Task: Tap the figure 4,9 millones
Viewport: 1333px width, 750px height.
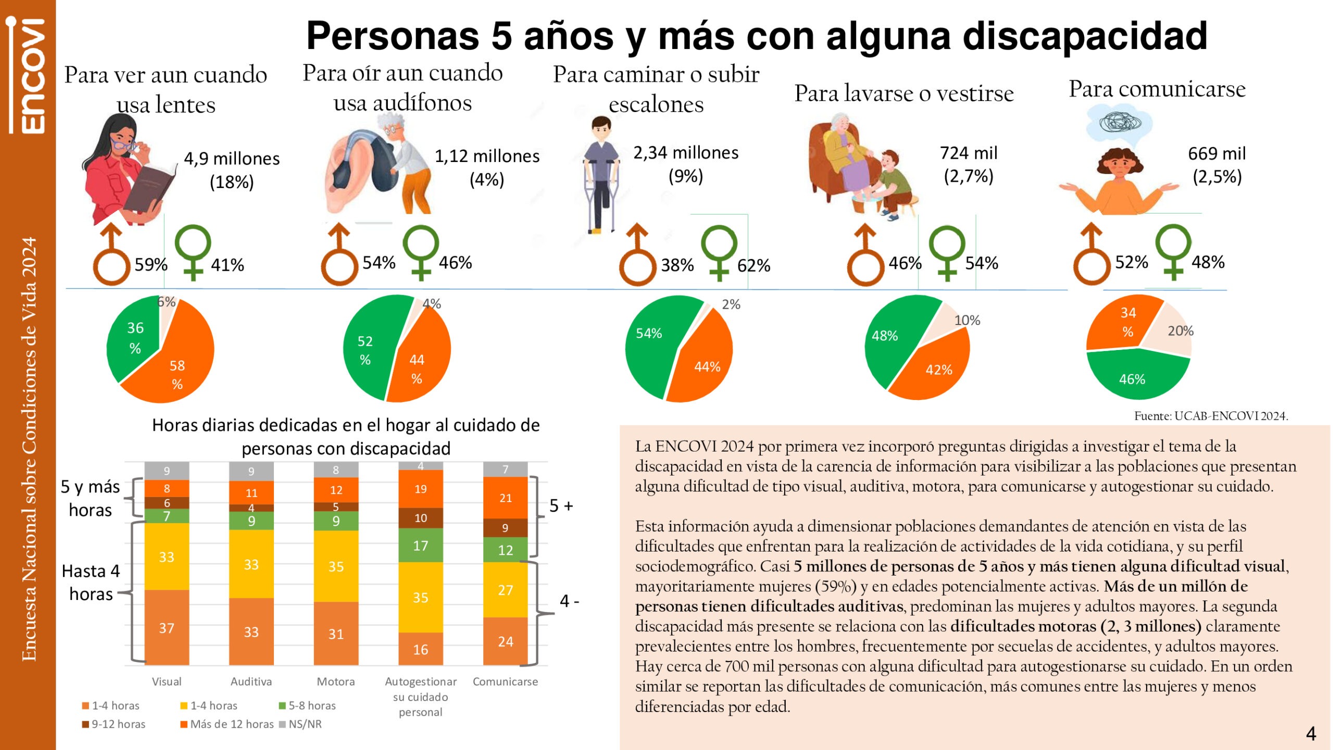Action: (x=232, y=158)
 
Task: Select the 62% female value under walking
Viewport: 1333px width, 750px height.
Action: (x=753, y=266)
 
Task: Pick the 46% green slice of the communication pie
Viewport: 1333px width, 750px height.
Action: (x=1135, y=378)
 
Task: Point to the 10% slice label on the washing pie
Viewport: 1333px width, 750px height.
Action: (x=967, y=320)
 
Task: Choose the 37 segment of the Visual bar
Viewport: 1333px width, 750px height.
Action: (x=167, y=628)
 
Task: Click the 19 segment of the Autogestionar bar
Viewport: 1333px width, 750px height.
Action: (x=421, y=489)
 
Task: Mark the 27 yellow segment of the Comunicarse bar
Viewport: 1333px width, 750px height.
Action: (x=505, y=590)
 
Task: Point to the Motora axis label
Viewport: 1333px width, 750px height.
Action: (x=336, y=681)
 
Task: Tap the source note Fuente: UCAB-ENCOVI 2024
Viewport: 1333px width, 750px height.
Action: (x=1211, y=416)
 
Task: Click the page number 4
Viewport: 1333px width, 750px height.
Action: (x=1311, y=733)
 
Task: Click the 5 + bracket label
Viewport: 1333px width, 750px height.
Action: (x=561, y=506)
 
